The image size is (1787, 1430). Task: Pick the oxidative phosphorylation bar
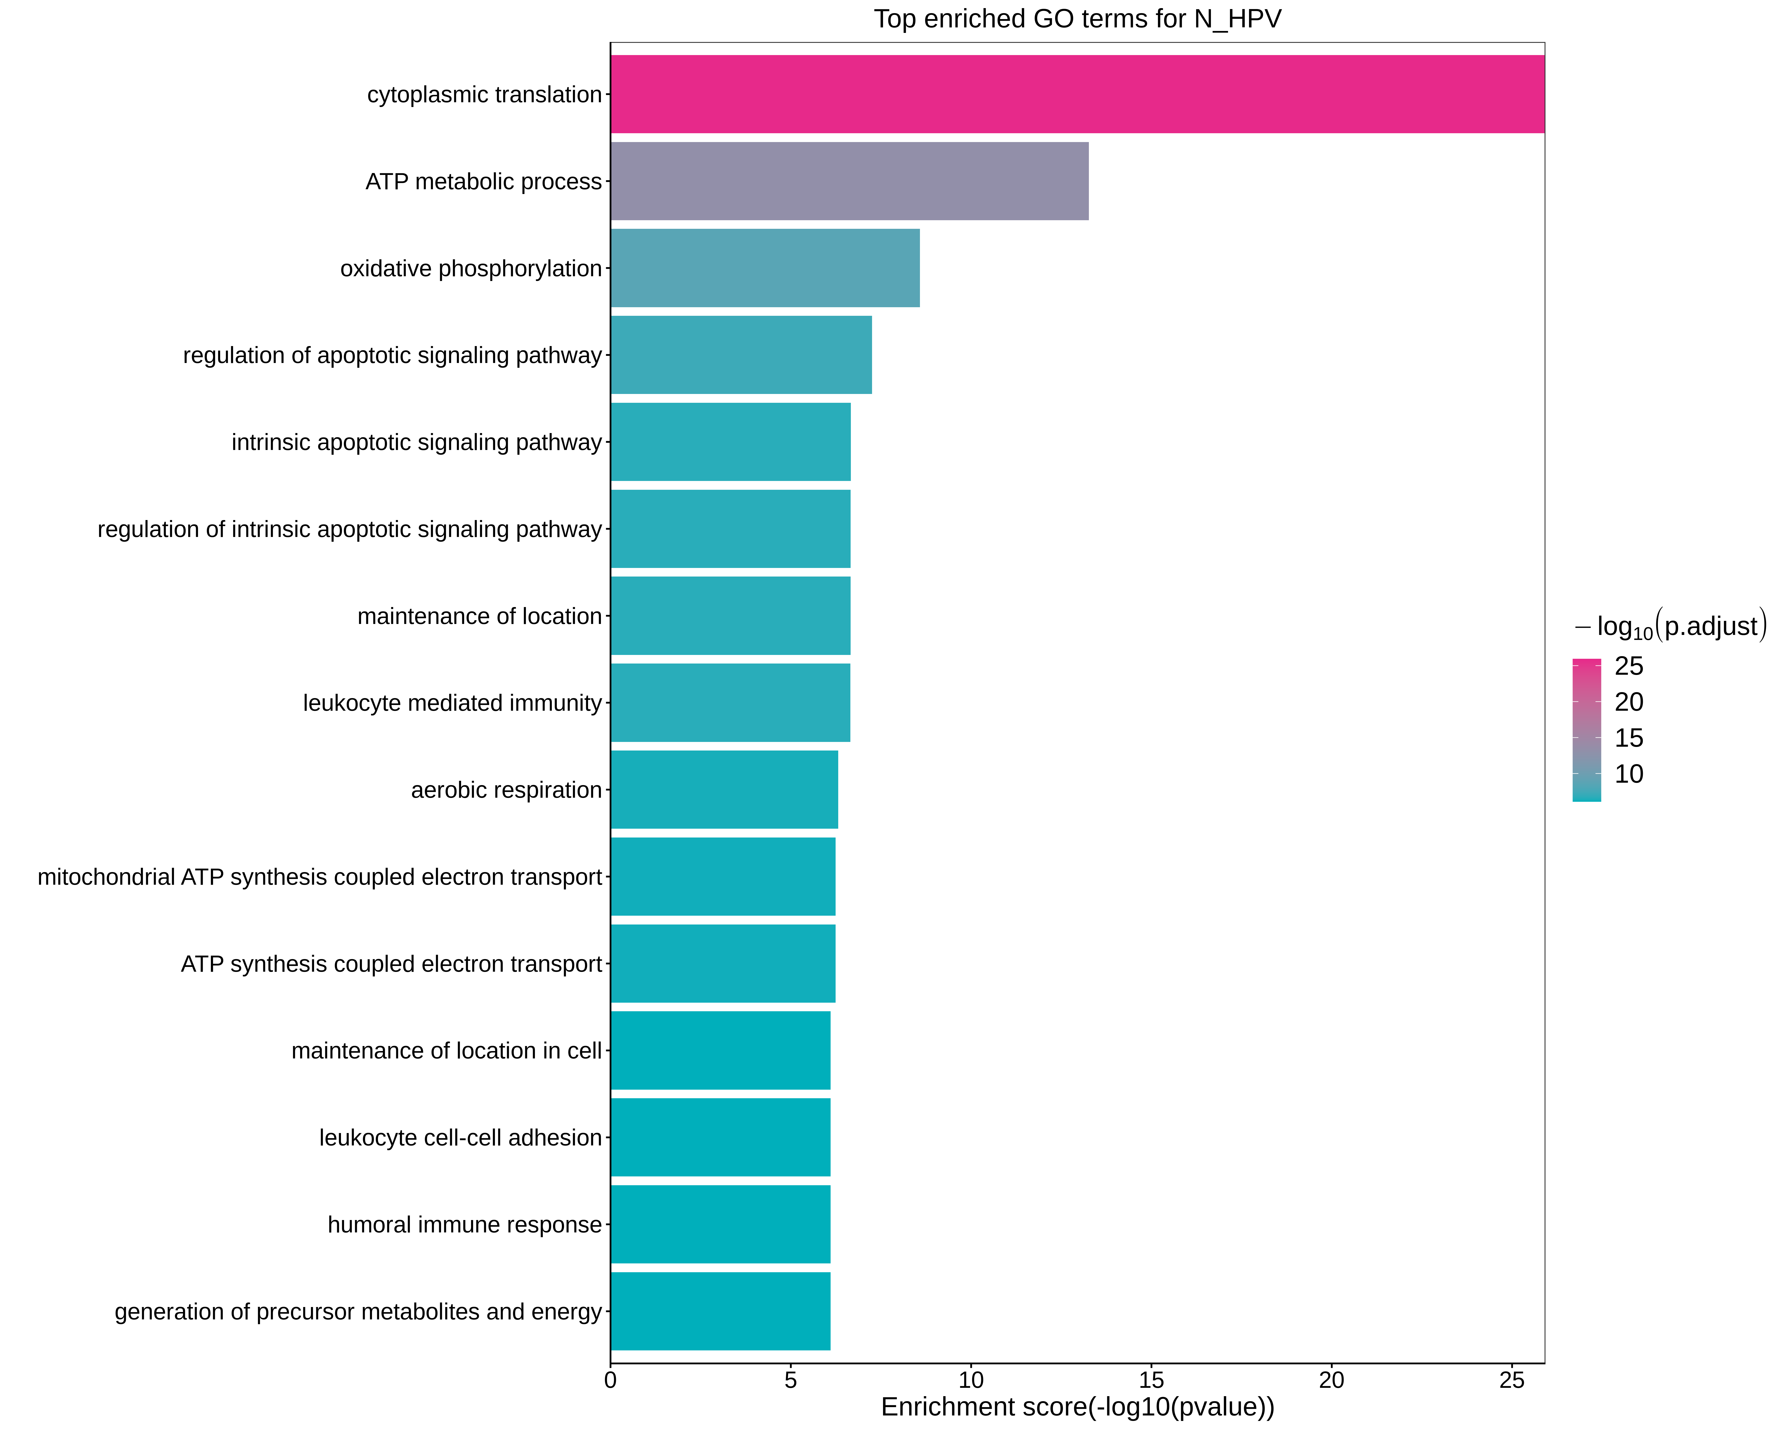[x=764, y=268]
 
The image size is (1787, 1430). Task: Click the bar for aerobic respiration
[x=724, y=789]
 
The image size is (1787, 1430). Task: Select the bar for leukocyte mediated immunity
[x=729, y=702]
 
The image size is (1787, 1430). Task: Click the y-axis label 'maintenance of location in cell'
[x=446, y=1050]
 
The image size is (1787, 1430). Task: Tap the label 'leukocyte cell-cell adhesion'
[x=460, y=1137]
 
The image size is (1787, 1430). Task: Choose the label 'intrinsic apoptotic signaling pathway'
[x=416, y=442]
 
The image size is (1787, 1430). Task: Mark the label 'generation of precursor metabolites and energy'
[x=358, y=1312]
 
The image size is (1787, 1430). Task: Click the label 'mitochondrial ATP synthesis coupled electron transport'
[x=319, y=876]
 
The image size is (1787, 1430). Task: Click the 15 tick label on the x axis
[x=1151, y=1380]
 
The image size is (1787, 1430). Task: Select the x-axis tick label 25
[x=1512, y=1380]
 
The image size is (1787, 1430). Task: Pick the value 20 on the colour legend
[x=1629, y=702]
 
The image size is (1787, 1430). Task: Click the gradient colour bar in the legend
[x=1586, y=730]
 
